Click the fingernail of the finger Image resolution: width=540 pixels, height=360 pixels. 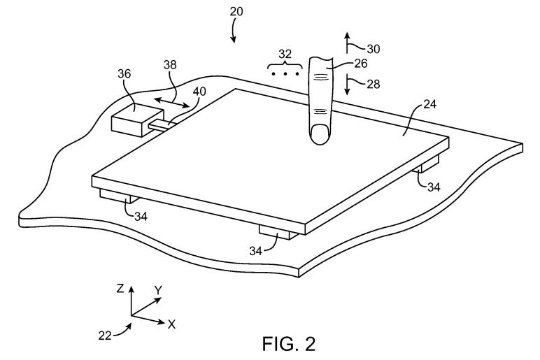tap(320, 133)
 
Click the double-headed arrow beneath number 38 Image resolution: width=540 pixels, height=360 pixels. tap(171, 103)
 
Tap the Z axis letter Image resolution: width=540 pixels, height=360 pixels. tap(120, 288)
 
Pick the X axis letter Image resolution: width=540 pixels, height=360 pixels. tap(171, 324)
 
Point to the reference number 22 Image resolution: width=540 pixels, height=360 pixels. tap(105, 334)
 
